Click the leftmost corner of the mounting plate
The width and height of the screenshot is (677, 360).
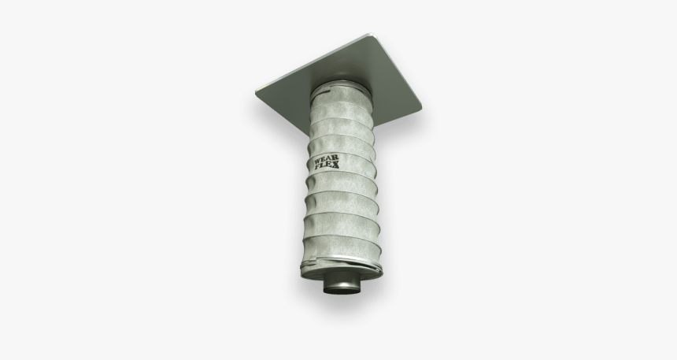257,95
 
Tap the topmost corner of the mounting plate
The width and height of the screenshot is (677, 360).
372,34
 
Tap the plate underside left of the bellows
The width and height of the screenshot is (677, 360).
287,98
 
